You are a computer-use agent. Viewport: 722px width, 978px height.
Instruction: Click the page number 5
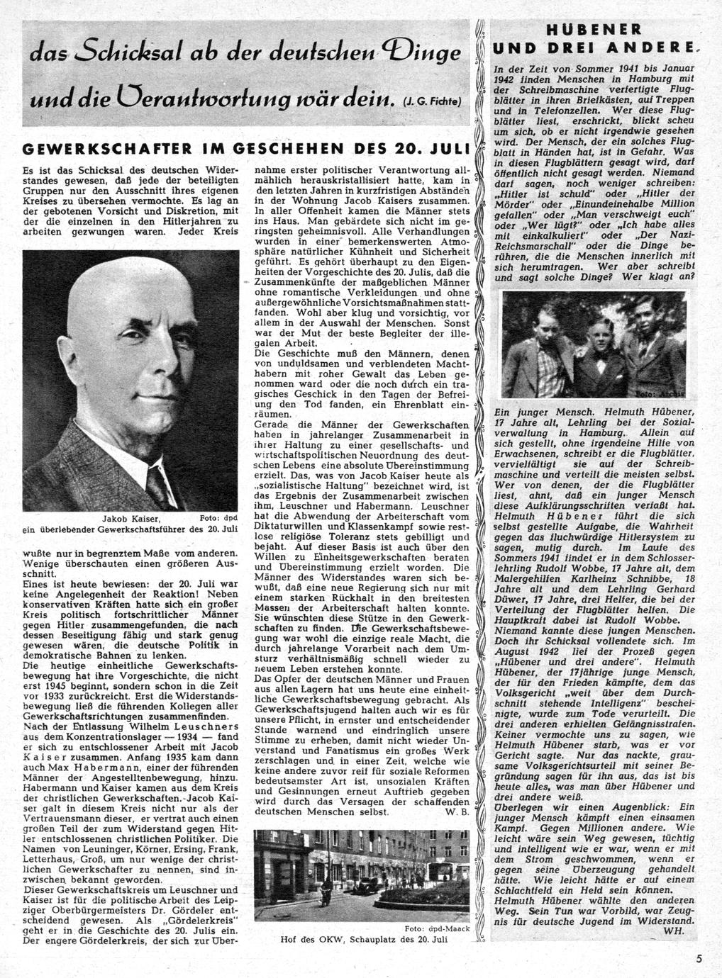[699, 959]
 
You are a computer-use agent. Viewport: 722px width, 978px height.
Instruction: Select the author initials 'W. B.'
[455, 811]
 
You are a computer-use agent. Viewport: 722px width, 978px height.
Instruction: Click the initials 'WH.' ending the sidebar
[674, 931]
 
